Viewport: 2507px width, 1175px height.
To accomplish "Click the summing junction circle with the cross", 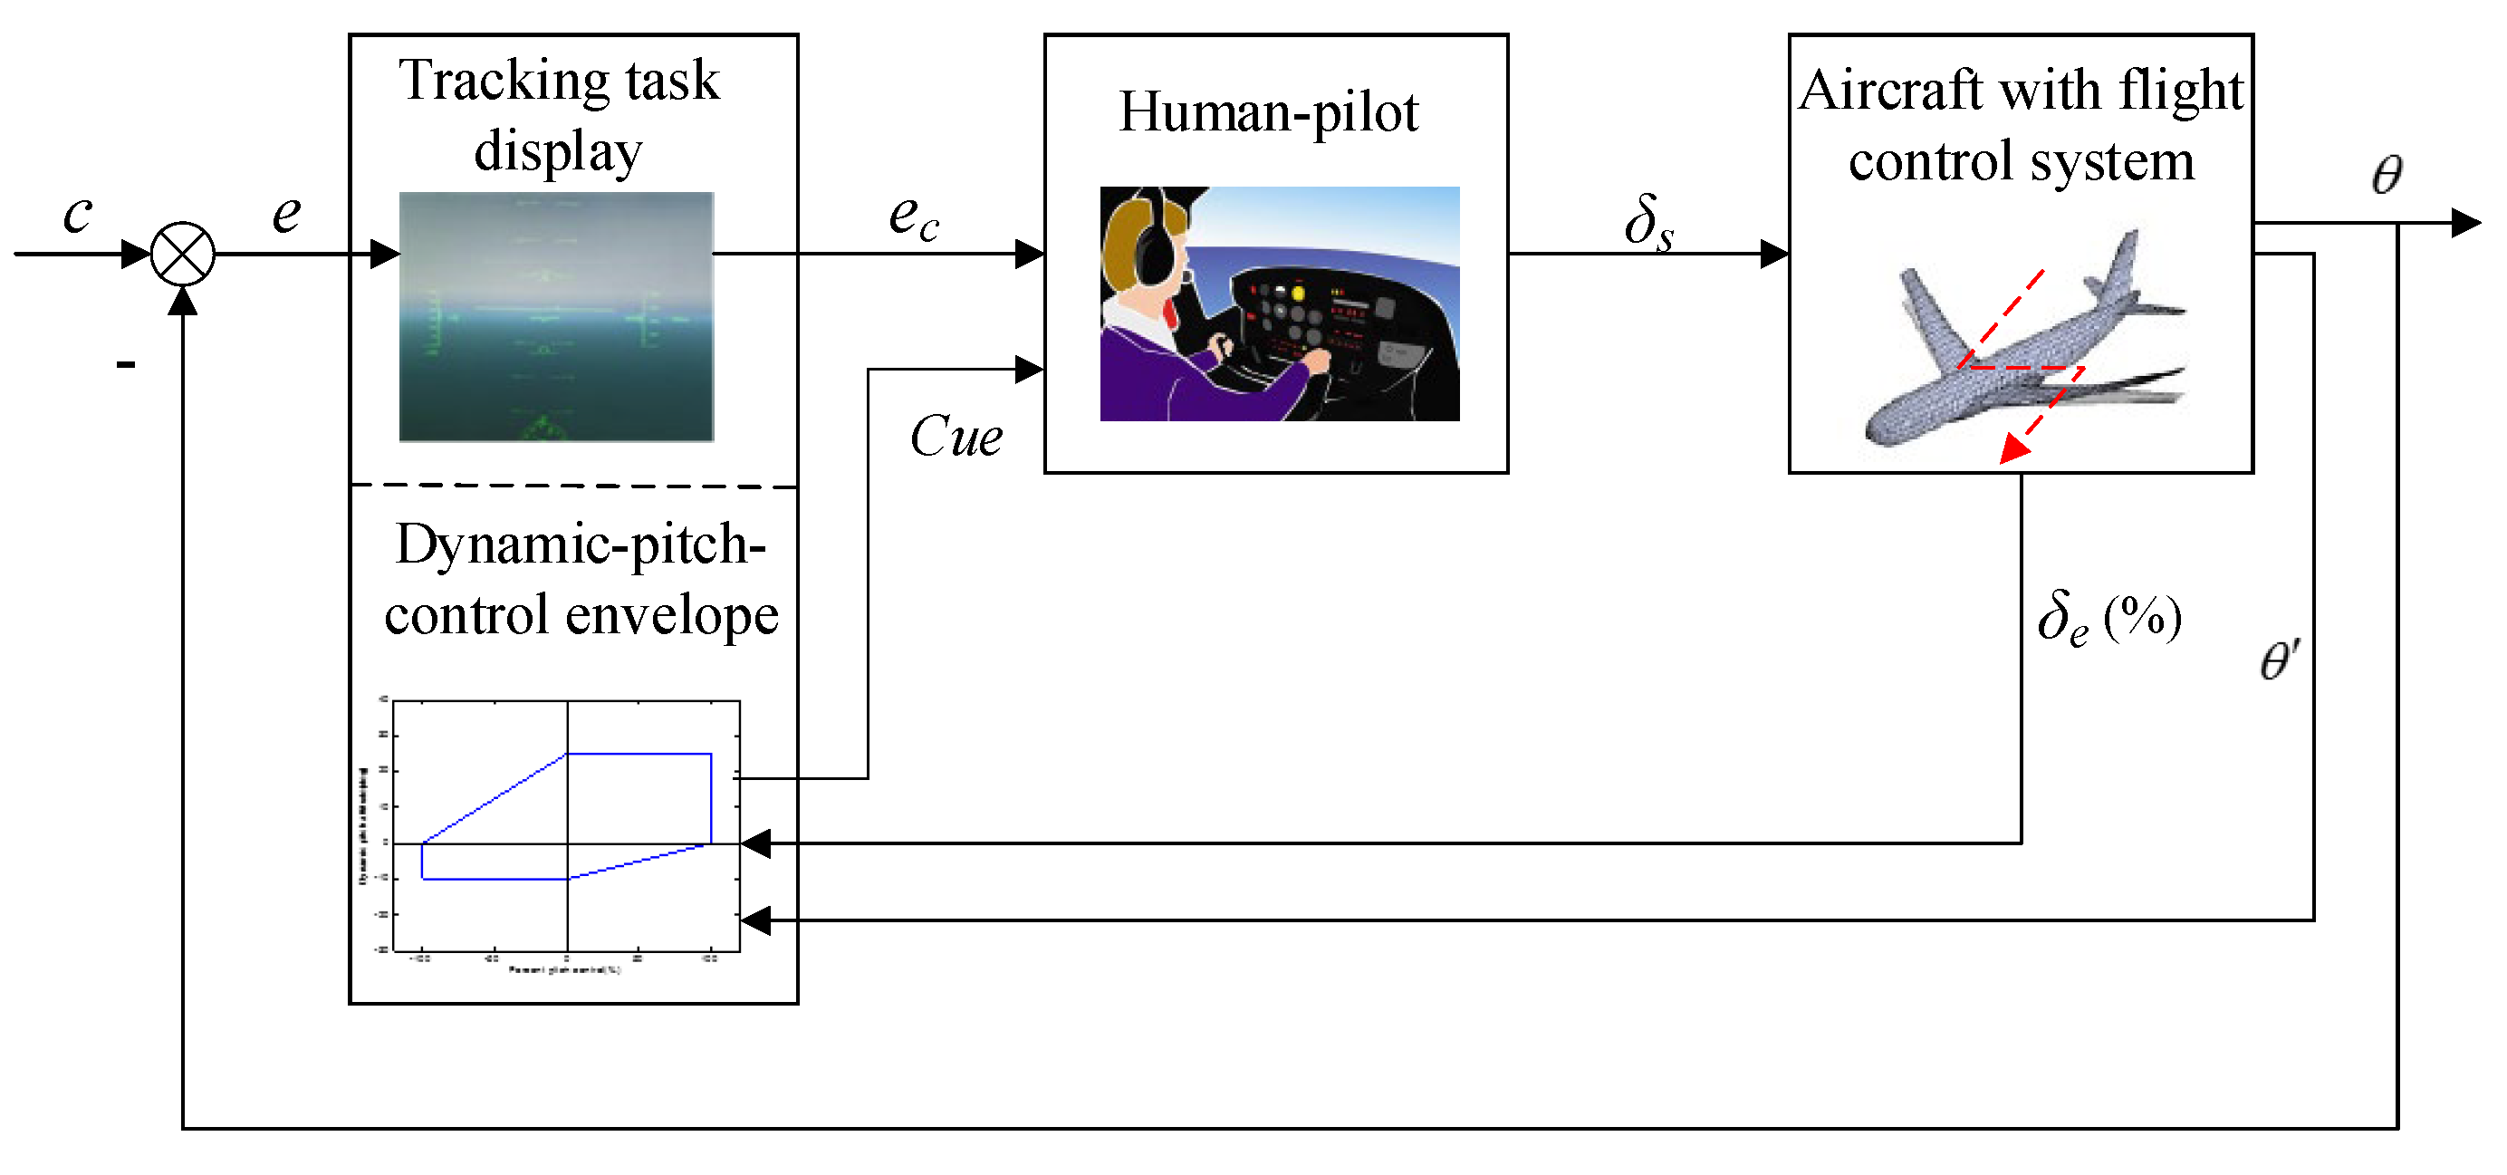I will [x=182, y=254].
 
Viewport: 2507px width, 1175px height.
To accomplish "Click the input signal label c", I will [x=77, y=213].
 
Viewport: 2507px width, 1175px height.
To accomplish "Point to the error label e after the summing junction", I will [x=286, y=213].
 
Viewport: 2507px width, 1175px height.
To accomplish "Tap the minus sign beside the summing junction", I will [x=126, y=365].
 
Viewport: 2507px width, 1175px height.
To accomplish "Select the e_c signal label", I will [x=913, y=218].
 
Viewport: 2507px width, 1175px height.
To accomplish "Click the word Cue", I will [x=956, y=436].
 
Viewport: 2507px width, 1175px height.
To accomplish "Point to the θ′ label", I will [x=2280, y=662].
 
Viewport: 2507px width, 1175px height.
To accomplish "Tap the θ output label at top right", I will [x=2387, y=175].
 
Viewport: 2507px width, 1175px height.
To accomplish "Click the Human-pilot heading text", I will [x=1268, y=113].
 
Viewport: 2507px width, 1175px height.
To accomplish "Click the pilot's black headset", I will [x=1154, y=244].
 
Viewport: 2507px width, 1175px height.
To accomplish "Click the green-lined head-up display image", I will [x=556, y=316].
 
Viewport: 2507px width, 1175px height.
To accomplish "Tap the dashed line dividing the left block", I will [x=573, y=485].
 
